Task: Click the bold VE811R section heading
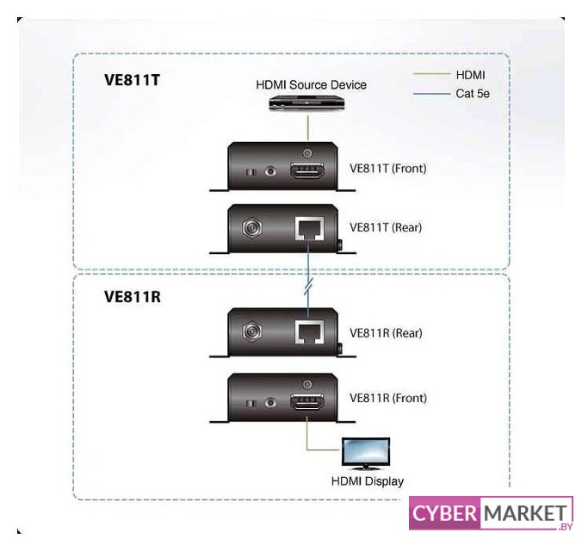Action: tap(133, 296)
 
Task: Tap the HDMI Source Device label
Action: tap(311, 84)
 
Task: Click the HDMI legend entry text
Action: tap(471, 75)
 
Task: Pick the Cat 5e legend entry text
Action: tap(473, 92)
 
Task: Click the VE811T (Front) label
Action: tap(387, 169)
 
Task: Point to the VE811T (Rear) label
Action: tap(386, 228)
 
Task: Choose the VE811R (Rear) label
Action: tap(386, 332)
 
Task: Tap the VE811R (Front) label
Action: tap(387, 399)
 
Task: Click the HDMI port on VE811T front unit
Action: tap(306, 170)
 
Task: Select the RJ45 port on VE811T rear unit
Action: tap(307, 229)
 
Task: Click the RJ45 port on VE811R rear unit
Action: tap(307, 333)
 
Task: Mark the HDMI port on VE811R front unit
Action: tap(306, 401)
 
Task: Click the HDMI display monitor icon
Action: tap(366, 453)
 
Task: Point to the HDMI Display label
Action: tap(368, 481)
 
